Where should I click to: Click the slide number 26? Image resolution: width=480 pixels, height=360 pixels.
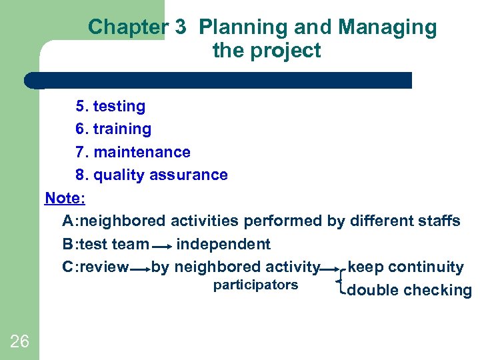(x=19, y=342)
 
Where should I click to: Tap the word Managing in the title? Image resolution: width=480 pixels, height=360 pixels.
(x=387, y=27)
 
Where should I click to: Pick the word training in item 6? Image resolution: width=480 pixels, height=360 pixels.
(x=122, y=129)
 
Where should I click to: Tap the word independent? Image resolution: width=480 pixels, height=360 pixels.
(x=223, y=245)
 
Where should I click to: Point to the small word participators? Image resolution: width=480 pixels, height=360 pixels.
(x=255, y=285)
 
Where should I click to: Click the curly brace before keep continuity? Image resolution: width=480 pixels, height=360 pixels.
(x=343, y=279)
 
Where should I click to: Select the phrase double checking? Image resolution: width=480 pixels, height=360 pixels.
(x=409, y=290)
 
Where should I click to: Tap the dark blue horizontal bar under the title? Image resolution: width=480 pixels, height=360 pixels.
(x=220, y=81)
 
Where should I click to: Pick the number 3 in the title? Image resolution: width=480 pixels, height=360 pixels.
(x=180, y=27)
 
